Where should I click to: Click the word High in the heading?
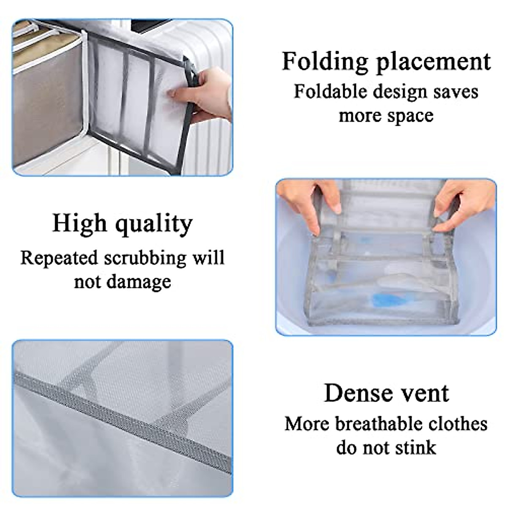(x=79, y=224)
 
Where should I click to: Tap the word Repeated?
(x=59, y=258)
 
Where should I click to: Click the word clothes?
(x=458, y=424)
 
